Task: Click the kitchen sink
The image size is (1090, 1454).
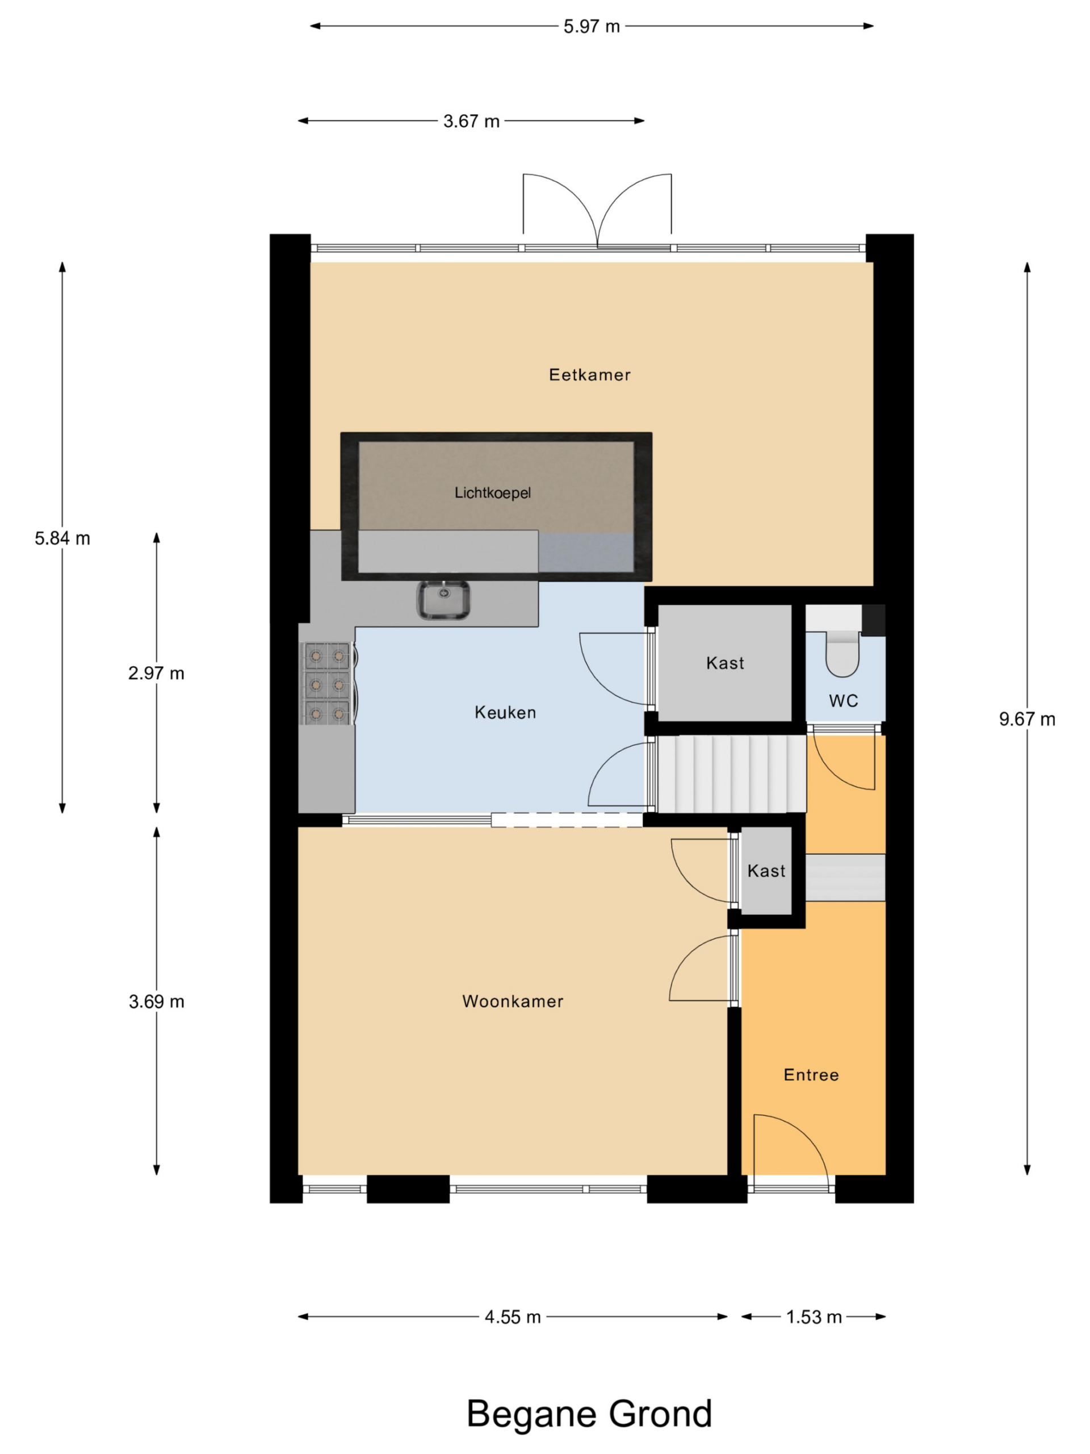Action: pos(443,599)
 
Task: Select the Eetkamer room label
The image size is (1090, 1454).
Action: pos(589,375)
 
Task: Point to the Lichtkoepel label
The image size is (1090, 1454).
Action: pos(492,492)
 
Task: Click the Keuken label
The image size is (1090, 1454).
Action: pos(505,712)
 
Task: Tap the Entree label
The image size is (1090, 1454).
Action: pos(811,1075)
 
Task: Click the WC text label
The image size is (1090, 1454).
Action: pos(843,701)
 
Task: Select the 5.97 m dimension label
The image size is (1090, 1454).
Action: pos(592,26)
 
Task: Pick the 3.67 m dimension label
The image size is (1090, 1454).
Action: pos(471,121)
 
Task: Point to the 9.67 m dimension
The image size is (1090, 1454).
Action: pos(1027,719)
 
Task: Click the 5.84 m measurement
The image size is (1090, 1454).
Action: pos(62,538)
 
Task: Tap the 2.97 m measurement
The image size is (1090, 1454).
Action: pos(156,673)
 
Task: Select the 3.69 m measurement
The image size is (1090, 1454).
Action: pos(156,1002)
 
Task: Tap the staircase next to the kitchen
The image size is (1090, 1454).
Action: pos(731,774)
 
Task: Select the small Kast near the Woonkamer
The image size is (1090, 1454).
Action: pos(766,870)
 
